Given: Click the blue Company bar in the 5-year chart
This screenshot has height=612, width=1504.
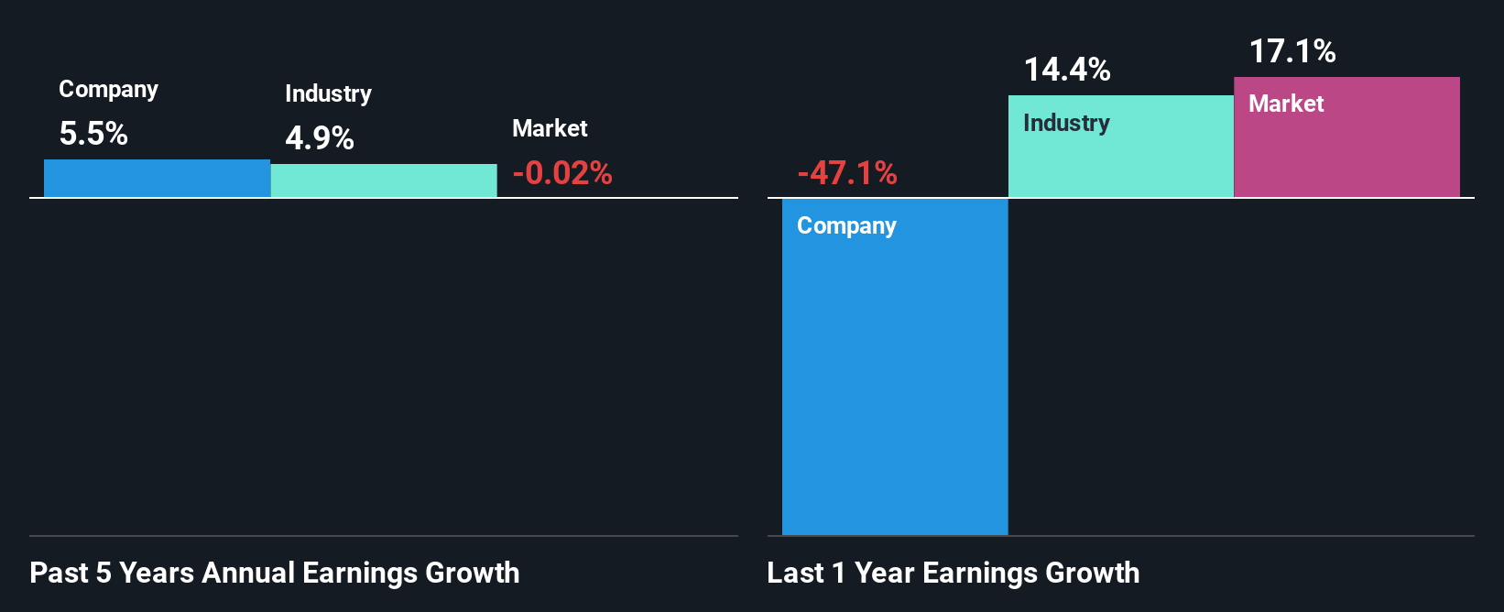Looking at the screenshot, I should point(157,179).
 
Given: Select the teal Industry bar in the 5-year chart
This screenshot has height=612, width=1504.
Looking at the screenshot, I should point(384,180).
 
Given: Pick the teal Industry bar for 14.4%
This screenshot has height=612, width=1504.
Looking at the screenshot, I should point(1120,160).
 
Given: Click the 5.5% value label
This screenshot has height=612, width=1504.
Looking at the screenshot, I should point(93,134).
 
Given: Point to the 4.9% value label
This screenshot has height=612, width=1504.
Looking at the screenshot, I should point(320,138).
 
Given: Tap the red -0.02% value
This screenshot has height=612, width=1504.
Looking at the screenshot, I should point(562,173).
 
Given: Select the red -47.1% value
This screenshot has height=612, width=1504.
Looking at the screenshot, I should point(847,173).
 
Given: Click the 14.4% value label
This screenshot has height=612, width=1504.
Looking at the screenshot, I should point(1067,70).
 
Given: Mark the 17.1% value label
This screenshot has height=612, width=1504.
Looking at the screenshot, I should point(1292,51).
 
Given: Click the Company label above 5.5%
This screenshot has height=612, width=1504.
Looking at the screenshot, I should point(108,90).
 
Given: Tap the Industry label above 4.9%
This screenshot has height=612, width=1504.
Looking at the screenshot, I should point(328,94).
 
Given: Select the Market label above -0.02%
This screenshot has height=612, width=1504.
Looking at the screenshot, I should point(550,128).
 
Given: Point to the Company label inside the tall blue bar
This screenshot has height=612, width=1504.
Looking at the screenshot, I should point(846,226).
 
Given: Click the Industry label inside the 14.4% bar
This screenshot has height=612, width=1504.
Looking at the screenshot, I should point(1066,124).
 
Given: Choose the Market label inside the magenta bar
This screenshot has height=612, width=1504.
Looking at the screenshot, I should point(1286,104).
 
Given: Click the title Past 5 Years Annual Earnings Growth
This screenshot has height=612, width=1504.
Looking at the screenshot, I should point(274,573).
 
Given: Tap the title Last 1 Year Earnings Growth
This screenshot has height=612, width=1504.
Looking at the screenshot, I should point(953,573).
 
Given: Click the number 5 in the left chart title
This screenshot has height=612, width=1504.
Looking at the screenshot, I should point(104,573).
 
